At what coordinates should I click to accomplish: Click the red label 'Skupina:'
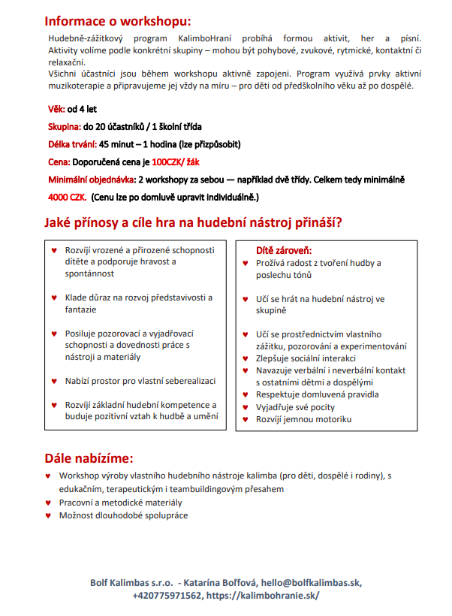tap(65, 127)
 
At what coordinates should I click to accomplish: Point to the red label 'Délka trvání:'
tap(73, 144)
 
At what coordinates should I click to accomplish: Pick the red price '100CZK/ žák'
tap(176, 162)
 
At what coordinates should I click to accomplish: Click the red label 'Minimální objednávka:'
tap(92, 180)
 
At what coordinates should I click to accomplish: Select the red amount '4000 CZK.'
tap(66, 197)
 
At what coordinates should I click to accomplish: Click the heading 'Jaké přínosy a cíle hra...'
tap(193, 223)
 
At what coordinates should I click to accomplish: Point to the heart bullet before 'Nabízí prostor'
tap(53, 381)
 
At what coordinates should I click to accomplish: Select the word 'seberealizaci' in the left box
tap(185, 381)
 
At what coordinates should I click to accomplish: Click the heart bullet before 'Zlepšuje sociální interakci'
tap(245, 358)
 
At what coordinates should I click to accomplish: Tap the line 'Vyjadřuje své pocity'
tap(295, 407)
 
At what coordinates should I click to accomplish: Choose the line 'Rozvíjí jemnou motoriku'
tap(303, 419)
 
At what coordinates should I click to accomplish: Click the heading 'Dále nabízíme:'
tap(89, 457)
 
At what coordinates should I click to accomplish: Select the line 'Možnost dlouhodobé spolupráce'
tap(123, 515)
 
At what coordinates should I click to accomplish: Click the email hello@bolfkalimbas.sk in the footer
tap(311, 582)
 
